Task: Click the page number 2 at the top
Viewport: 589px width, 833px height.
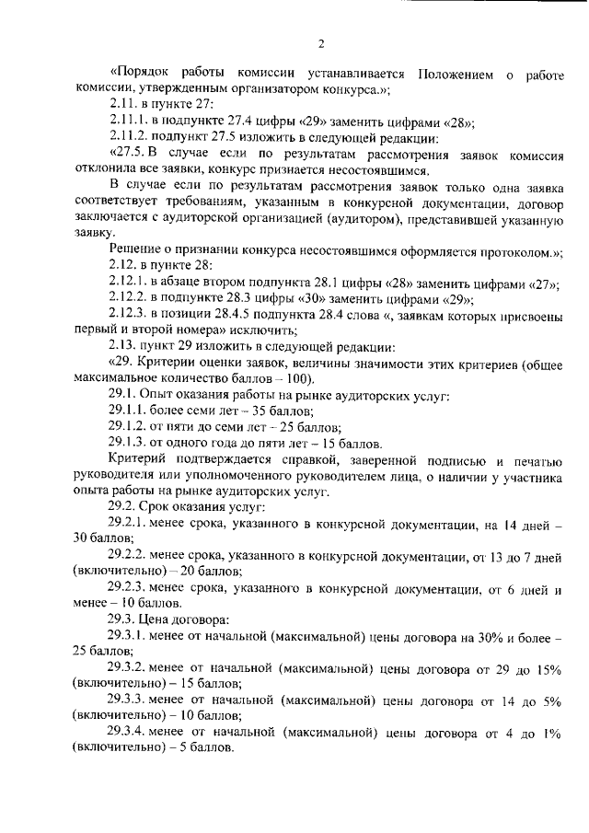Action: click(x=322, y=43)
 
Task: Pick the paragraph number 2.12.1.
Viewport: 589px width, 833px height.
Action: click(x=128, y=284)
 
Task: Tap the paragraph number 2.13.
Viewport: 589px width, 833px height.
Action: click(x=121, y=348)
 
